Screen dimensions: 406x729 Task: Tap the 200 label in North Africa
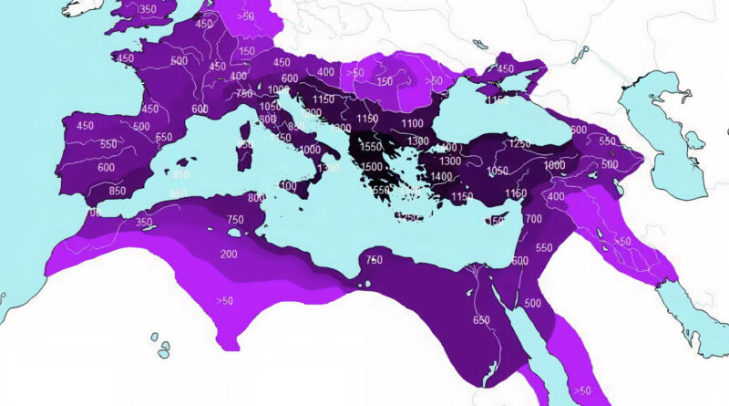pos(228,255)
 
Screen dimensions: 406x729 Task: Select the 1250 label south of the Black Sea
pos(520,144)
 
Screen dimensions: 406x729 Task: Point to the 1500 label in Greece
pos(371,167)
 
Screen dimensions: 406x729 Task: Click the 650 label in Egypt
pos(482,320)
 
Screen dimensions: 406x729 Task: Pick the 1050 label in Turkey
pos(498,172)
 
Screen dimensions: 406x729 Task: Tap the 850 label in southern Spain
pos(117,192)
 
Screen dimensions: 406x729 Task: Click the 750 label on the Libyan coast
pos(374,261)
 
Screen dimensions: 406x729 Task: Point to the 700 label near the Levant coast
pos(534,220)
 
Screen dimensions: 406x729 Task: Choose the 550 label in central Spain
pos(108,145)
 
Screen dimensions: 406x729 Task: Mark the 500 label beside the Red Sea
pos(533,304)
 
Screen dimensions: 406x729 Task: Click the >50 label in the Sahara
pos(224,299)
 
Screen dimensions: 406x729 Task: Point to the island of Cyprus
pos(497,220)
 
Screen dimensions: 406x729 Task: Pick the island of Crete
pos(410,217)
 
